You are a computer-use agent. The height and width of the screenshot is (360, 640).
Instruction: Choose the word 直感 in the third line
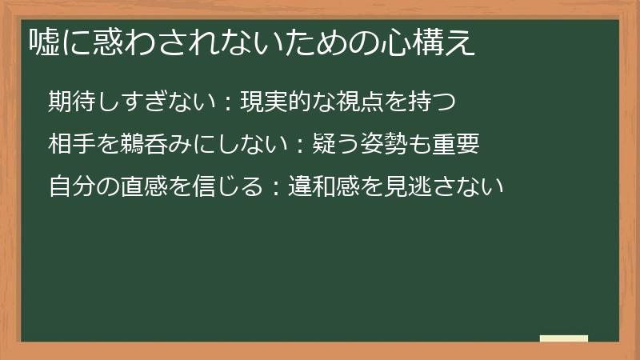(127, 186)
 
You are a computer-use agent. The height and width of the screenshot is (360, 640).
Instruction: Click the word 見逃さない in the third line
(432, 186)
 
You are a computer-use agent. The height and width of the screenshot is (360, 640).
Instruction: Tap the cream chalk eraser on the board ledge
(564, 338)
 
